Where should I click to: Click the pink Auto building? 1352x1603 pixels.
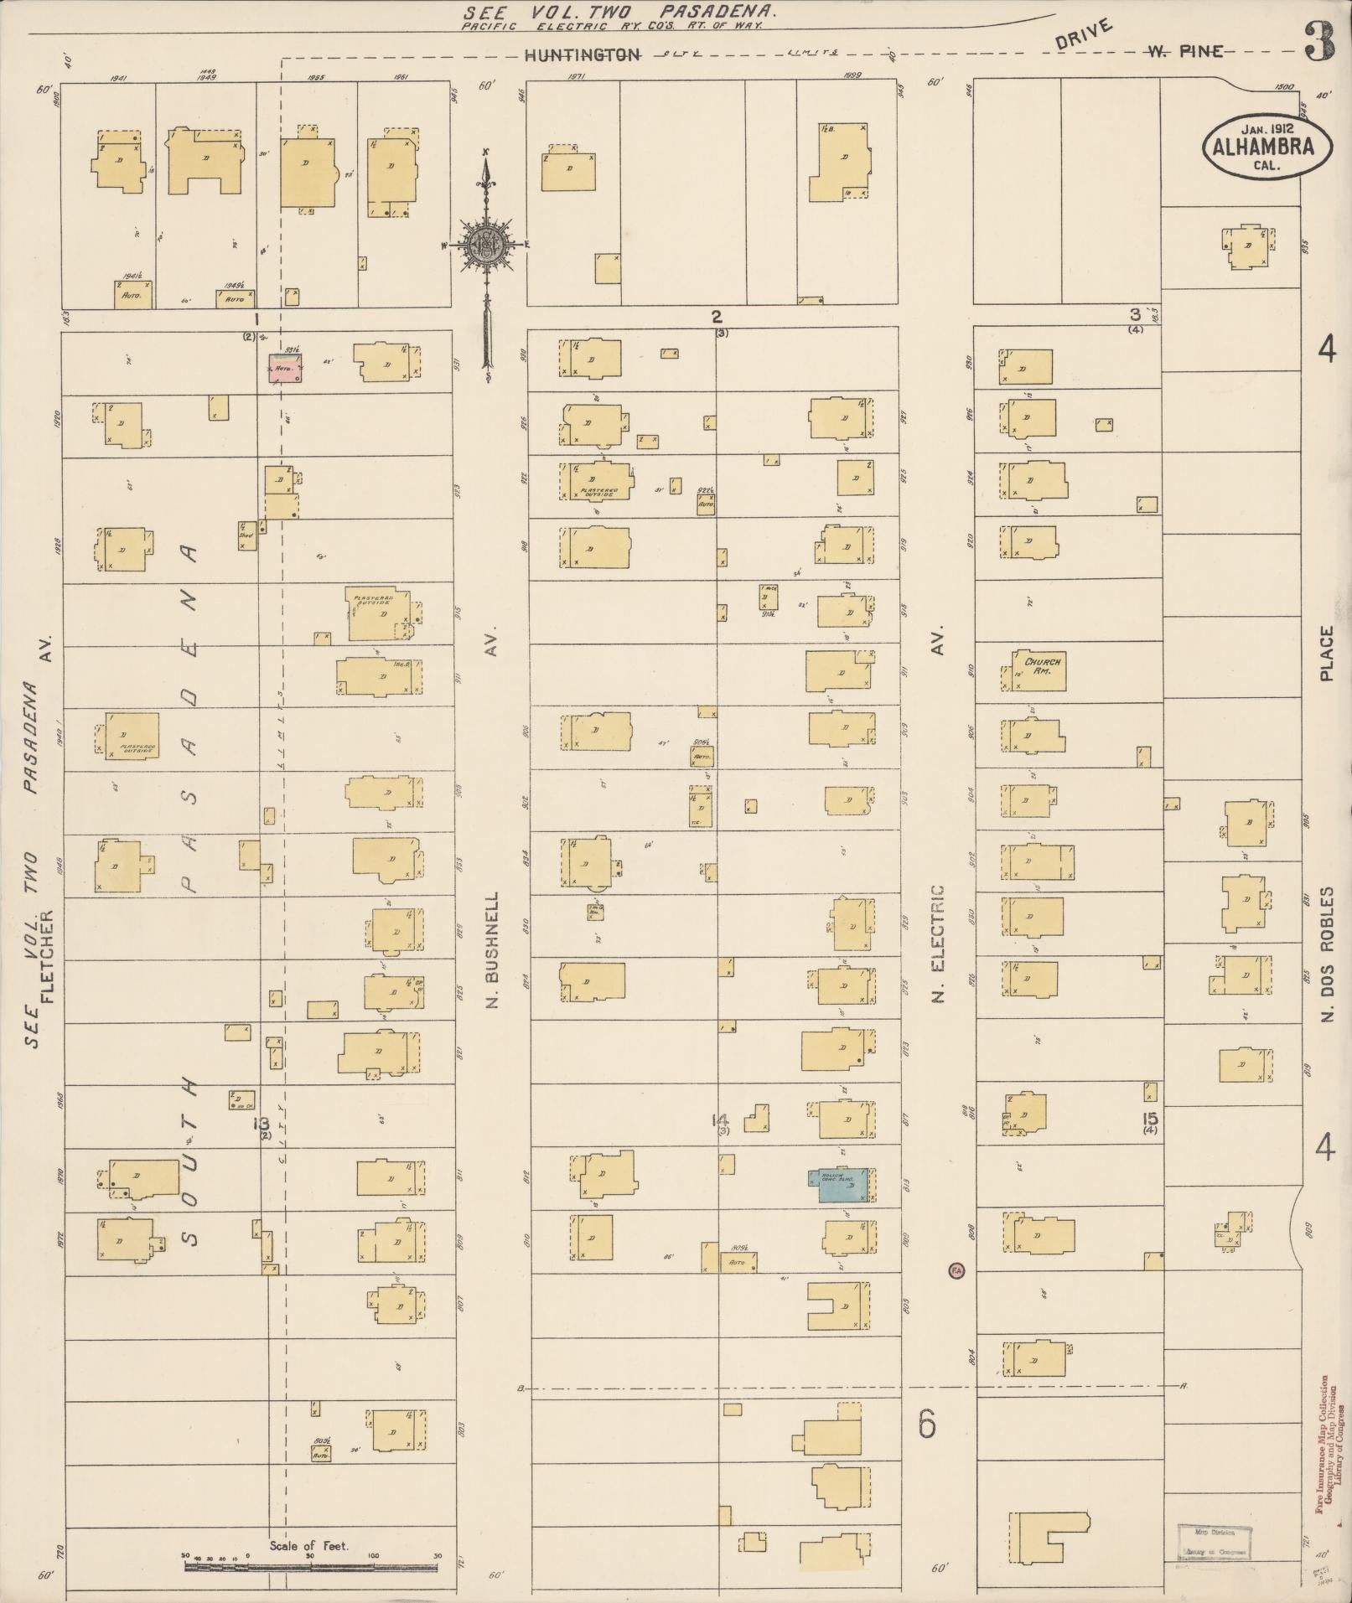coord(285,368)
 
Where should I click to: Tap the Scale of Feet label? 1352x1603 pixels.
coord(308,1546)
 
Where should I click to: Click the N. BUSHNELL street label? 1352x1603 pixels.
coord(492,949)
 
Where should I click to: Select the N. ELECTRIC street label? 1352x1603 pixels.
coord(938,943)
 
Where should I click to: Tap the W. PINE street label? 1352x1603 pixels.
coord(1184,53)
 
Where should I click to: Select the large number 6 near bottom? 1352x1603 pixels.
coord(926,1424)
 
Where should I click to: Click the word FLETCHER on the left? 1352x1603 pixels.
coord(47,955)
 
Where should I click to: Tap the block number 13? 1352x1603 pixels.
coord(261,1124)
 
